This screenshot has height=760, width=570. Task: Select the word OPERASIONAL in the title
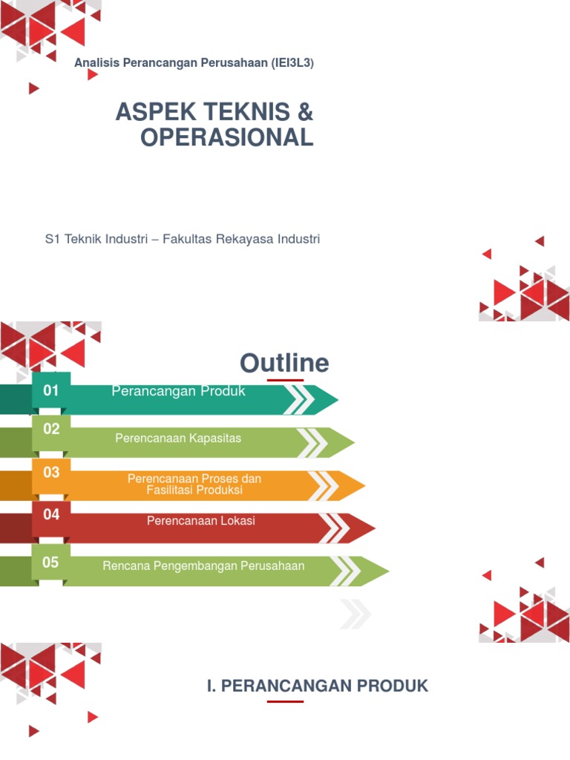[226, 137]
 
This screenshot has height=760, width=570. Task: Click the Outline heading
[284, 363]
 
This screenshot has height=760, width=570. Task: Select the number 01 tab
[50, 390]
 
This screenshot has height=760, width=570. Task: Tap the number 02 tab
[50, 429]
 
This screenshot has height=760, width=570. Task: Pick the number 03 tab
[50, 472]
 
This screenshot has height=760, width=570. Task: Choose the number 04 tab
[50, 514]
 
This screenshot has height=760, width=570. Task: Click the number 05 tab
[50, 563]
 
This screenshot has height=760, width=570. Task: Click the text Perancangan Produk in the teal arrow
[178, 391]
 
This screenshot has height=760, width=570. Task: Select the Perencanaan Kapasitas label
[178, 439]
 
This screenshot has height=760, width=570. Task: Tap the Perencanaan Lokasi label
[200, 521]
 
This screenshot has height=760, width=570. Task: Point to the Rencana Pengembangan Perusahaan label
[203, 566]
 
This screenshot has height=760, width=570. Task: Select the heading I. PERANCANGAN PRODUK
[318, 686]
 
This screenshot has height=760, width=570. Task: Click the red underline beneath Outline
[285, 380]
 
